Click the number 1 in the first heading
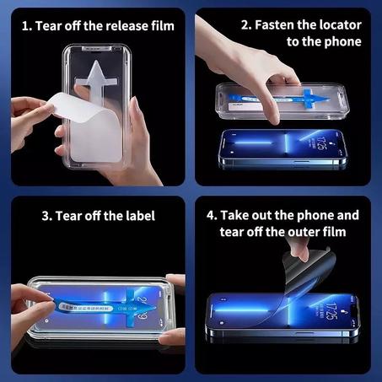click(26, 25)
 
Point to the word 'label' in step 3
click(138, 216)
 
